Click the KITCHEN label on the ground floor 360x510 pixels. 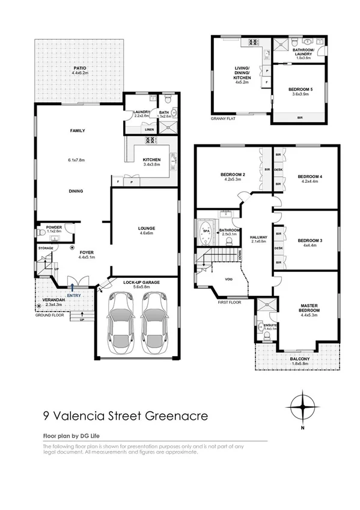pos(151,159)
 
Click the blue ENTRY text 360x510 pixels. pos(74,295)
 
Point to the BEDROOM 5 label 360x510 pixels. pos(298,90)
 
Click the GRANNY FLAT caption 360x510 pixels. pos(222,119)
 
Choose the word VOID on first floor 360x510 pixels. pos(229,279)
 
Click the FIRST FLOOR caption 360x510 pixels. pos(229,303)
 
